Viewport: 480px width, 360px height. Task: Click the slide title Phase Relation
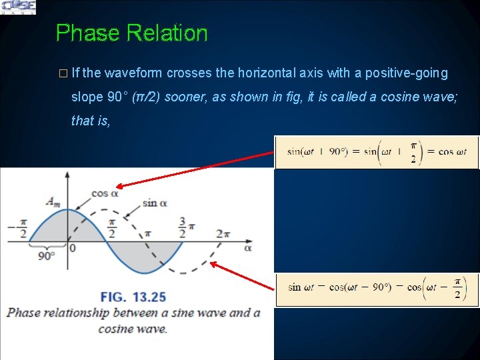(x=131, y=33)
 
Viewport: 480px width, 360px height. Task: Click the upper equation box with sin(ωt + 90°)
(x=377, y=152)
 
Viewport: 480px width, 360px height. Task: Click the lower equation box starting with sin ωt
(x=377, y=289)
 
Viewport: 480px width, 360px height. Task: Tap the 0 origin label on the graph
(x=72, y=248)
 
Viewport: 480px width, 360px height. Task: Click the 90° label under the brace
(x=46, y=255)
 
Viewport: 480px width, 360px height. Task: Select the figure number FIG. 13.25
(x=133, y=297)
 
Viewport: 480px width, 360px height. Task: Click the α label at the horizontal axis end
(x=248, y=247)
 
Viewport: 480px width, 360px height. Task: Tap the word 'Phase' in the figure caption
(x=25, y=313)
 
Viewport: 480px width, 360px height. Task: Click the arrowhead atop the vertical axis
(x=67, y=175)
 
